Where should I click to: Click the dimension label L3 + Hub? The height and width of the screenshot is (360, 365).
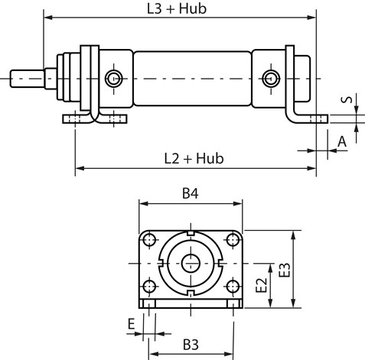point(177,8)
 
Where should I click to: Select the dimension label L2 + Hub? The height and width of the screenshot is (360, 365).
point(194,158)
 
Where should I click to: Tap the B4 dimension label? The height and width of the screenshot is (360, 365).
point(191,193)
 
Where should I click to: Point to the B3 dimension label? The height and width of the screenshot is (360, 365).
point(191,345)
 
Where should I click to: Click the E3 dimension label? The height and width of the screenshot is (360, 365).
point(285,270)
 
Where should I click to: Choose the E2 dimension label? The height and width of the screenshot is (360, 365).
point(261,285)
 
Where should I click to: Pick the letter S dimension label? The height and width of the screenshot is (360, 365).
point(347,99)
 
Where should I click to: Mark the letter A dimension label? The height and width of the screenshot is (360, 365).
point(342,141)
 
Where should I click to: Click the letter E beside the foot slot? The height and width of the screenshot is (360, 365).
point(131,324)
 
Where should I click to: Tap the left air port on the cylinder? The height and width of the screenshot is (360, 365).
point(114,79)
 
